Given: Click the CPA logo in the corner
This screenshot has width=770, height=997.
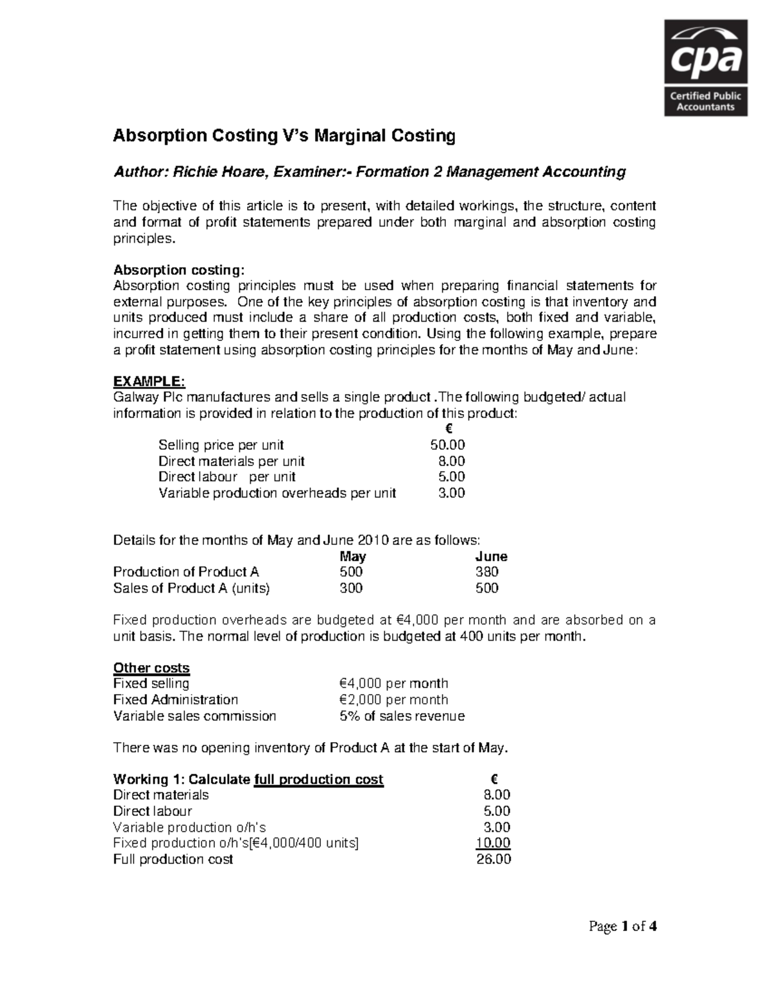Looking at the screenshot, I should (x=705, y=67).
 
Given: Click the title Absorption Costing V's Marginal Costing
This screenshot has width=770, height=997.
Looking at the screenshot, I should (x=284, y=136).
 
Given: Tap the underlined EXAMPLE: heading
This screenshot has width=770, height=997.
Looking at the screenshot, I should (x=149, y=382).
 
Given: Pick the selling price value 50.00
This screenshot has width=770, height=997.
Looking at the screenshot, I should (x=447, y=445).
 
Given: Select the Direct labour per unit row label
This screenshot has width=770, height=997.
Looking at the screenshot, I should (x=227, y=477).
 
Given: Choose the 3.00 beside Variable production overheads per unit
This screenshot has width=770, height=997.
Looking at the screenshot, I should (x=451, y=493).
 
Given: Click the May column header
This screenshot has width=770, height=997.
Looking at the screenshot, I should (x=353, y=557).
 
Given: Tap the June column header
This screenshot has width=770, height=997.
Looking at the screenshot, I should (x=491, y=557).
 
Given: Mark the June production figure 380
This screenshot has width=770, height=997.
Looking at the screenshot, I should (x=487, y=572).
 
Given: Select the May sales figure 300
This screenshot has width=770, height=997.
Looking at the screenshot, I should (x=351, y=588).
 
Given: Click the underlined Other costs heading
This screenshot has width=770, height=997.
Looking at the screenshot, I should (x=151, y=668).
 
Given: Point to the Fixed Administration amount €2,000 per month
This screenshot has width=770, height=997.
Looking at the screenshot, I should (x=393, y=700).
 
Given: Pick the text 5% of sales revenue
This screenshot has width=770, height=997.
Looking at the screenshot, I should (x=402, y=716).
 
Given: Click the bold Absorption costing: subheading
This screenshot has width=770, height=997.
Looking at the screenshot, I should (x=179, y=270).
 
